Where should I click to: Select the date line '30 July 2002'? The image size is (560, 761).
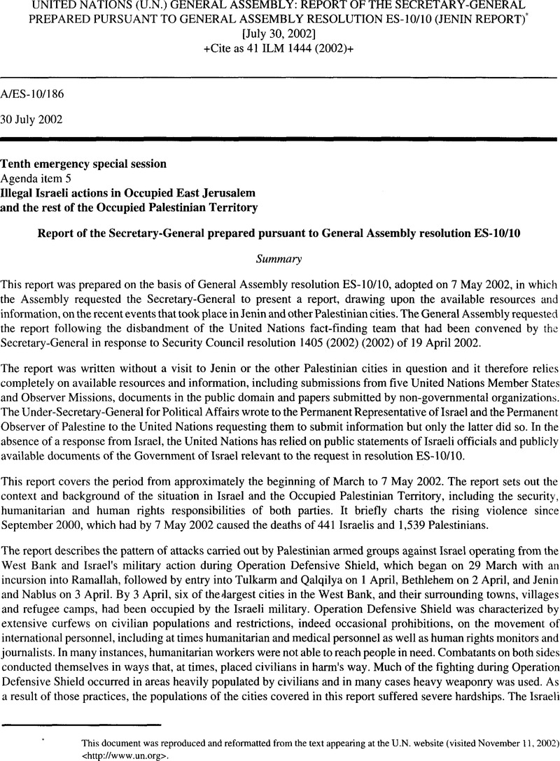[x=32, y=119]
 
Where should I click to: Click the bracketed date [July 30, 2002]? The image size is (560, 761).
[x=280, y=33]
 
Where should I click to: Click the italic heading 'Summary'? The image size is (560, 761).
[x=280, y=259]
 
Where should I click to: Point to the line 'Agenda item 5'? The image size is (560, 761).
[x=32, y=178]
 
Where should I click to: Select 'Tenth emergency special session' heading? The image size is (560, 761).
[x=83, y=164]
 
